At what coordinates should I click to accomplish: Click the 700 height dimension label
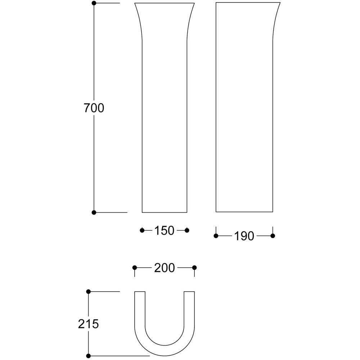click(94, 108)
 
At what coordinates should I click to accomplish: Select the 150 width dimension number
click(165, 230)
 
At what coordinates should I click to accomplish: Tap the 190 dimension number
click(244, 236)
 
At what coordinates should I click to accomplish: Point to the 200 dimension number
click(165, 268)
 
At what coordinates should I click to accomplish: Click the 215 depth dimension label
click(89, 324)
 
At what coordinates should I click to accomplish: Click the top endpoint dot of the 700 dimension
click(94, 3)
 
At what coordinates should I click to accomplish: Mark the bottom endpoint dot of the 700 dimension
click(94, 213)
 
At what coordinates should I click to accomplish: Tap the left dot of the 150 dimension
click(142, 230)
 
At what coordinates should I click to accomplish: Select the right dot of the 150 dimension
click(187, 230)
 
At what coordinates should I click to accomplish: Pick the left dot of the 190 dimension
click(216, 236)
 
